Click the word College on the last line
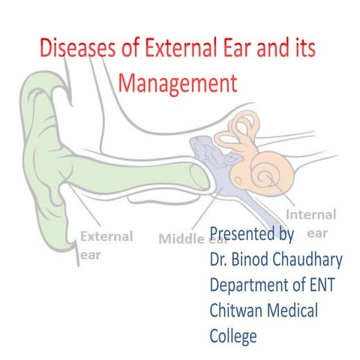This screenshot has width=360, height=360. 233,335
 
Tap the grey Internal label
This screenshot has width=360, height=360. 312,214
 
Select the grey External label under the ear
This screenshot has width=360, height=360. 106,236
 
